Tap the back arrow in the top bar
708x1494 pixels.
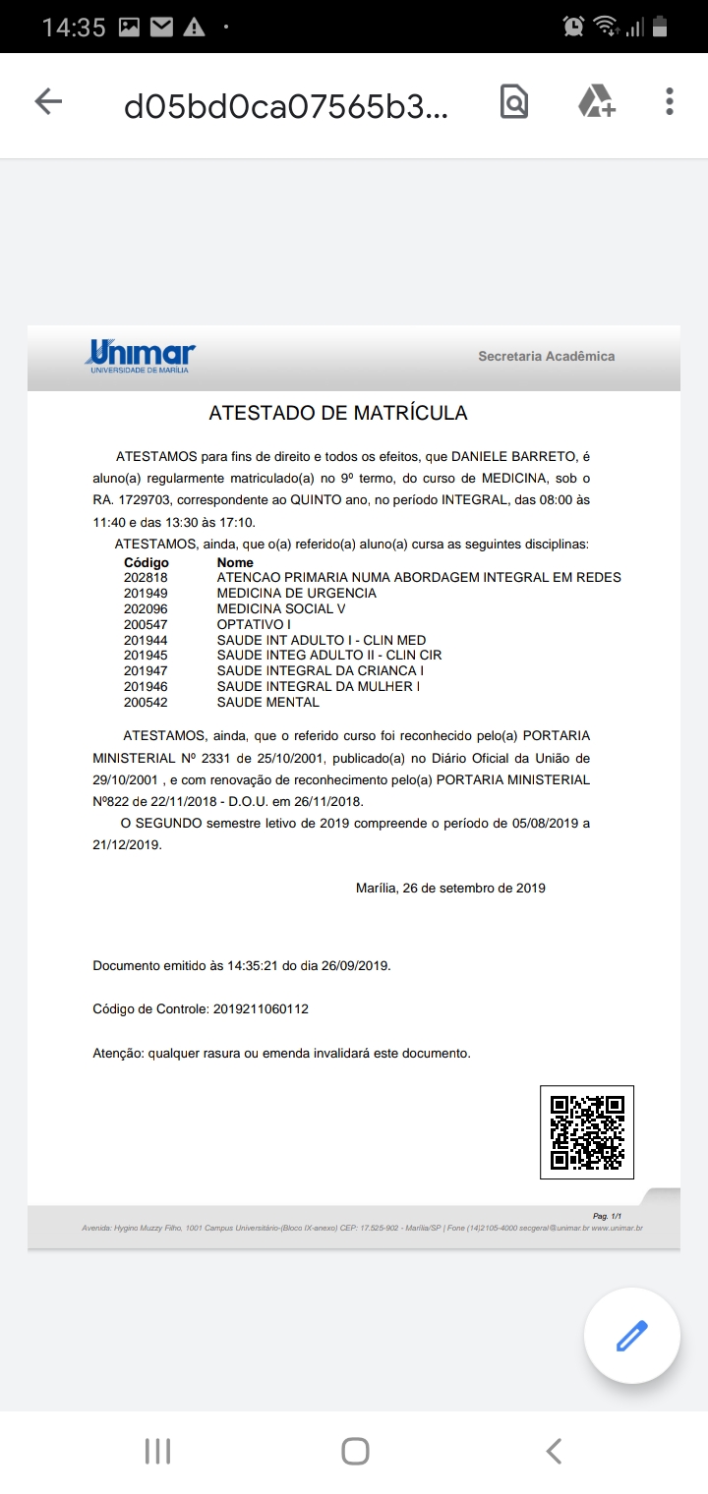[x=48, y=101]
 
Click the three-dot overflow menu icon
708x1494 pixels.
[x=670, y=101]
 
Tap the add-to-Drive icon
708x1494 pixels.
[x=596, y=101]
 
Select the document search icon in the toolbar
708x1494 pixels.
[x=514, y=101]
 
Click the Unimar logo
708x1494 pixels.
[x=142, y=356]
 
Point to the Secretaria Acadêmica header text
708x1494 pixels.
[x=546, y=356]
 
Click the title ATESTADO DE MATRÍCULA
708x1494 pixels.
[x=338, y=413]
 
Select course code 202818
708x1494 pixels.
[x=146, y=578]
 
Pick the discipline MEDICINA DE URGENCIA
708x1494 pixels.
[x=296, y=593]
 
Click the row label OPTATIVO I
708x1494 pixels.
[x=254, y=624]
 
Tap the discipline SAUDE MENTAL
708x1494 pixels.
[x=267, y=702]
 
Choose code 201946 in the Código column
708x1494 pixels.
[x=146, y=686]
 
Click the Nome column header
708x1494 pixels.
[x=235, y=563]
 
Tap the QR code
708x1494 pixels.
[x=587, y=1131]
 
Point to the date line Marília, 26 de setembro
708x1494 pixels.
[x=450, y=889]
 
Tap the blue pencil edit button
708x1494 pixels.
[x=631, y=1336]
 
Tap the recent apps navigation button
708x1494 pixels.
[x=157, y=1451]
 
